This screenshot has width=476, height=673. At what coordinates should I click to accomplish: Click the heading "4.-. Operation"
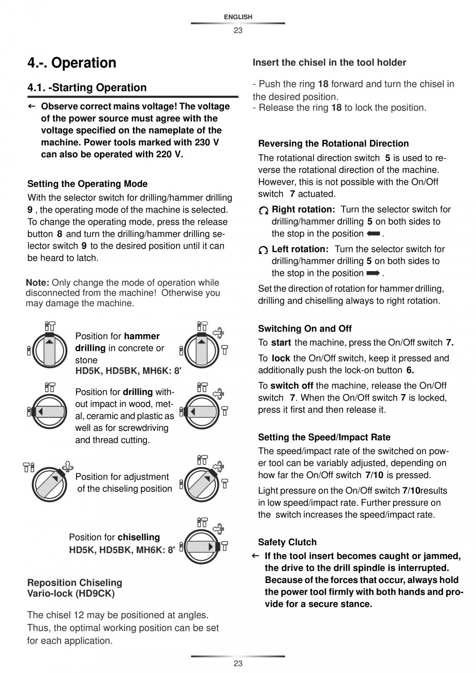pos(72,63)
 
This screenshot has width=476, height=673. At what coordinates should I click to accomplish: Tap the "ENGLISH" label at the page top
pos(238,17)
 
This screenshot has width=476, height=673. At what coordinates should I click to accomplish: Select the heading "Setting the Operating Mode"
pos(87,184)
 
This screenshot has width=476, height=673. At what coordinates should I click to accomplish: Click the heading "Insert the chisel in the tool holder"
pos(329,63)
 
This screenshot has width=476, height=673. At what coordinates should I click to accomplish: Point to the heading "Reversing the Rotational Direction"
pos(333,144)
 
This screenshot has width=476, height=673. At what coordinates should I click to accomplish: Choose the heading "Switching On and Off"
pos(305,328)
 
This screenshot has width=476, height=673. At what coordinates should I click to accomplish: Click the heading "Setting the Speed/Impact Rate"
pos(324,437)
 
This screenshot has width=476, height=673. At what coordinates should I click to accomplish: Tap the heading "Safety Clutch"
pos(287,542)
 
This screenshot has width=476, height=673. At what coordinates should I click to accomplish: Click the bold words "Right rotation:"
pos(304,210)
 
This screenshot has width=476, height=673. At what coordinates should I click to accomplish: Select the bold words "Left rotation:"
pos(301,249)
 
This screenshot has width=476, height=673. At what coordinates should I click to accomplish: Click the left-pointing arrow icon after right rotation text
pos(373,234)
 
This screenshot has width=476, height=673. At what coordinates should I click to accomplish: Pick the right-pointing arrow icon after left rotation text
pos(373,273)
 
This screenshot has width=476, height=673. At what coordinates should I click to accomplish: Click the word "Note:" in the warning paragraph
pos(37,283)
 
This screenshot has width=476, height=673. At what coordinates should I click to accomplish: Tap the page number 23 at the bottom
pos(238,664)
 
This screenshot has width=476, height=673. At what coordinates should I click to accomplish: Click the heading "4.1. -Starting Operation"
pos(87,88)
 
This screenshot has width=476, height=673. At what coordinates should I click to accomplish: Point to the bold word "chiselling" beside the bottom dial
pos(139,537)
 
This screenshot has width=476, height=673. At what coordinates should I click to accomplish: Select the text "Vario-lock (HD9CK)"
pos(71,594)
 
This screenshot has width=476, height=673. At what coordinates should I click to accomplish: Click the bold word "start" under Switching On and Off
pos(281,342)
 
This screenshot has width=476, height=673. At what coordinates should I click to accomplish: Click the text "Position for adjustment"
pos(122,477)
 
